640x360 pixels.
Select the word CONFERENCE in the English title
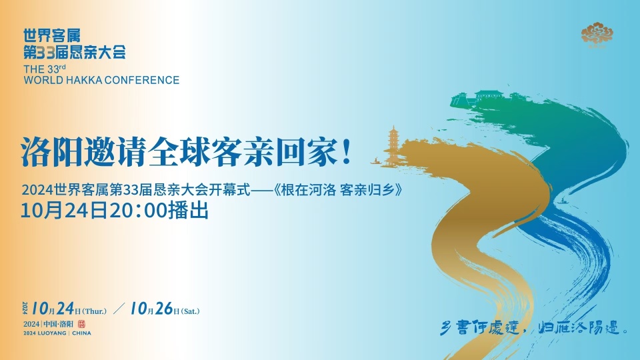(147, 80)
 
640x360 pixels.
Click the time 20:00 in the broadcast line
(141, 211)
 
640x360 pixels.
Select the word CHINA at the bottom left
(81, 333)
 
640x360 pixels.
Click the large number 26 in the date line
(163, 309)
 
